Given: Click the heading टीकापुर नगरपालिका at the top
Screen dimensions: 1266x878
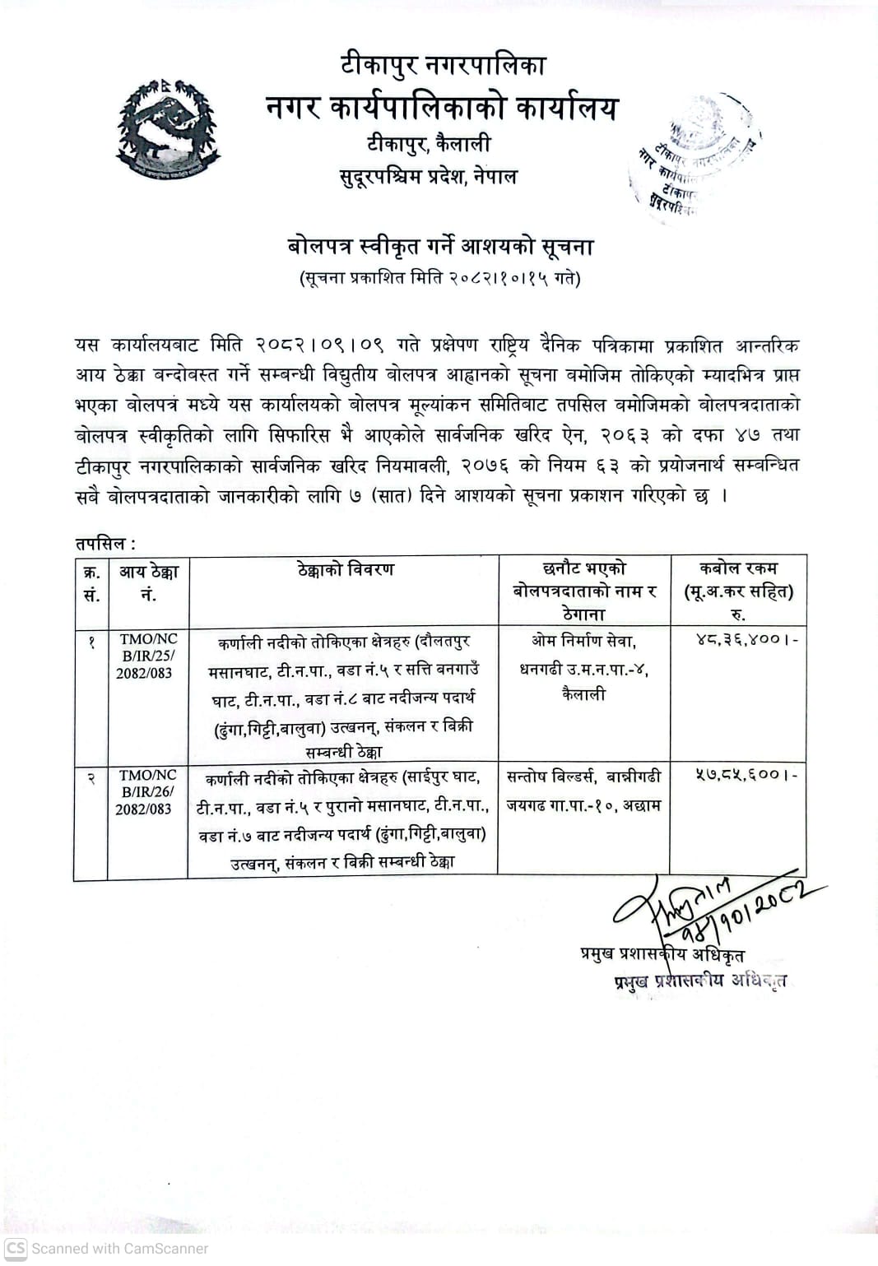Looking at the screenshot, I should point(444,65).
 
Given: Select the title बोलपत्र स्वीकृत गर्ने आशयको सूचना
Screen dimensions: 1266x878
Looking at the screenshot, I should point(440,246).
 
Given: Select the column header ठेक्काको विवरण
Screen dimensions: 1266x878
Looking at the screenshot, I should point(346,569).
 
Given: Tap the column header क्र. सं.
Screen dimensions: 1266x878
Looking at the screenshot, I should point(91,582).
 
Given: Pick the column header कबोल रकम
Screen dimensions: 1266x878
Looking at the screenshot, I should point(738,568).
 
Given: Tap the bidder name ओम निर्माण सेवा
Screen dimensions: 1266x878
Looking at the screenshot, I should point(583,640).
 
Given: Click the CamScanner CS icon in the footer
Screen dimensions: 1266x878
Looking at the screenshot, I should point(15,1248).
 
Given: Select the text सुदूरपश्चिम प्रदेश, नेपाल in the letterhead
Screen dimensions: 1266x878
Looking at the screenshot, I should point(428,176).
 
